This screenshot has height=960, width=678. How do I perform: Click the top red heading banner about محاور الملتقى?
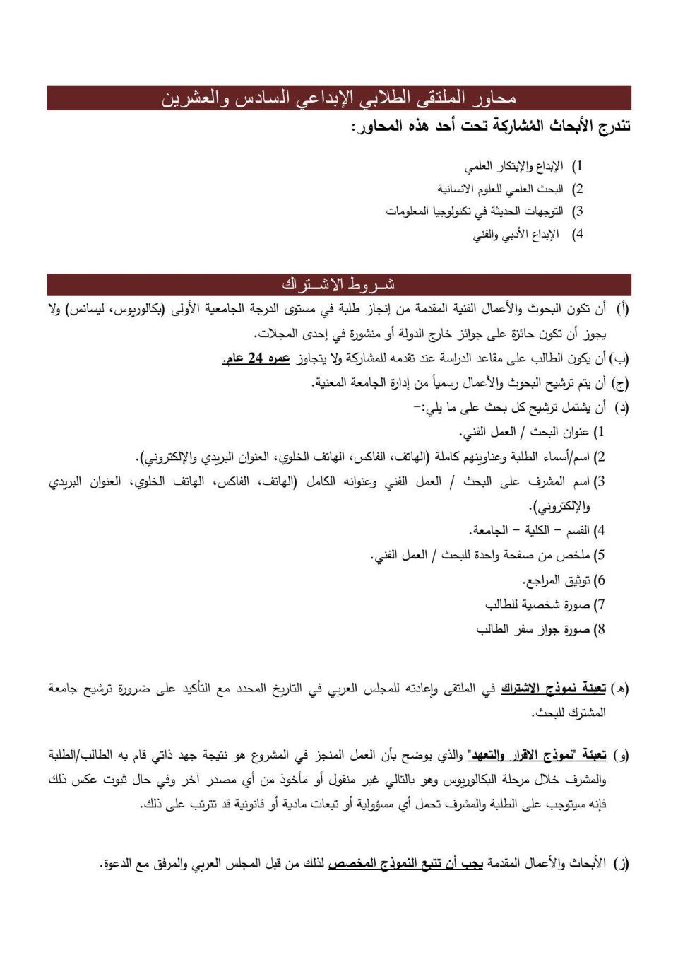coord(339,98)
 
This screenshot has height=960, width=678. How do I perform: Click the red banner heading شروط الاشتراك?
coord(339,284)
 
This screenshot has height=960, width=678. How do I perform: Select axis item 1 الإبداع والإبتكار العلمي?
coord(514,166)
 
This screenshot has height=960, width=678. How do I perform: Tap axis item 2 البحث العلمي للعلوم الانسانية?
coord(500,189)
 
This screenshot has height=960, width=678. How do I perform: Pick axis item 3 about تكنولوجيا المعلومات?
coord(475,211)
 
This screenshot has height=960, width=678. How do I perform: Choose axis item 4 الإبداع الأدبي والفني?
coord(517,234)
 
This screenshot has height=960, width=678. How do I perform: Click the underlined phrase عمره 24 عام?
coord(256,358)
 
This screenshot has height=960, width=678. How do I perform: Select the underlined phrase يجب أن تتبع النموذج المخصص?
coord(405,863)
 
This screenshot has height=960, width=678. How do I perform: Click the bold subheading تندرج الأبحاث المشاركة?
coord(491,127)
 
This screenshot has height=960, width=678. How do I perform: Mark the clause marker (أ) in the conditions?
coord(622,309)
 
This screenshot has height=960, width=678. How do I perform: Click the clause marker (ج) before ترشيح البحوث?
coord(620,383)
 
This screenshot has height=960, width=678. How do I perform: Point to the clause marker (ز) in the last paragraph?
coord(621,863)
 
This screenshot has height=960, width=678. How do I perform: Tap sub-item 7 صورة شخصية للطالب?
coord(537,605)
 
